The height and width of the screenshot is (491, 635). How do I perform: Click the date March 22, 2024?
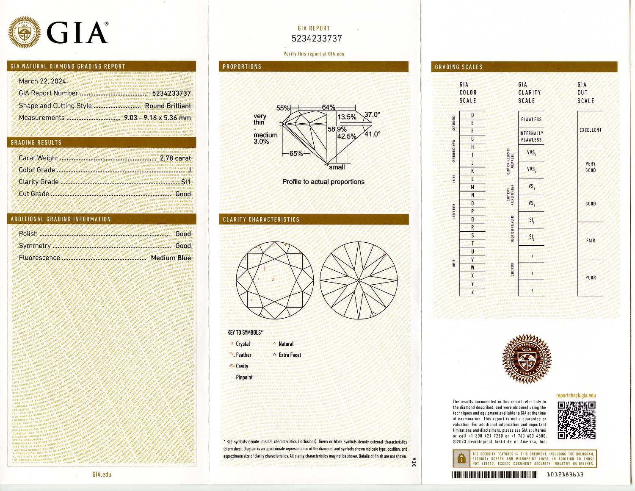42,81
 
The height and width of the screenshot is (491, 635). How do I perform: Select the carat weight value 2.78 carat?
175,158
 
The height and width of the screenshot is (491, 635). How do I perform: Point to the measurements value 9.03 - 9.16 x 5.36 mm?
157,118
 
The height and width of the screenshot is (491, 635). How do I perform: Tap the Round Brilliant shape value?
168,106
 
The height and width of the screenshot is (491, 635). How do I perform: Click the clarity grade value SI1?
186,182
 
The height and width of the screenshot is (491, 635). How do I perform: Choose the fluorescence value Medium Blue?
171,258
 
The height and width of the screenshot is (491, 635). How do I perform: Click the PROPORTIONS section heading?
242,67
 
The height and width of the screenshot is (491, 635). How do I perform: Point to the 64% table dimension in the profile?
329,108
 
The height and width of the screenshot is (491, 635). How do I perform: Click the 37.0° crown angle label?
372,115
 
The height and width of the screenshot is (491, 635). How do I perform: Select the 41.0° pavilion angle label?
372,134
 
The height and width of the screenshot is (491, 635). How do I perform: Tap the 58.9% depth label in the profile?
337,129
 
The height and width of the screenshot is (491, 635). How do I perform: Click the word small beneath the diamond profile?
337,167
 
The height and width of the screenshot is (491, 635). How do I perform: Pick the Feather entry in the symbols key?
243,355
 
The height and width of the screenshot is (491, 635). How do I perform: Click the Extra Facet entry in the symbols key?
290,355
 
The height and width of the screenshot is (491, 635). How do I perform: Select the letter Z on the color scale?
472,292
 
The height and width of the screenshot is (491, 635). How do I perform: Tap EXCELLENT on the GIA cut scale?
590,130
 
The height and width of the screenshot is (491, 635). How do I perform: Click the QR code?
576,420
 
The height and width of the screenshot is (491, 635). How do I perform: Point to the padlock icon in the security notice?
460,459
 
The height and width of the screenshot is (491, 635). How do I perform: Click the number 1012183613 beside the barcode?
565,474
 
